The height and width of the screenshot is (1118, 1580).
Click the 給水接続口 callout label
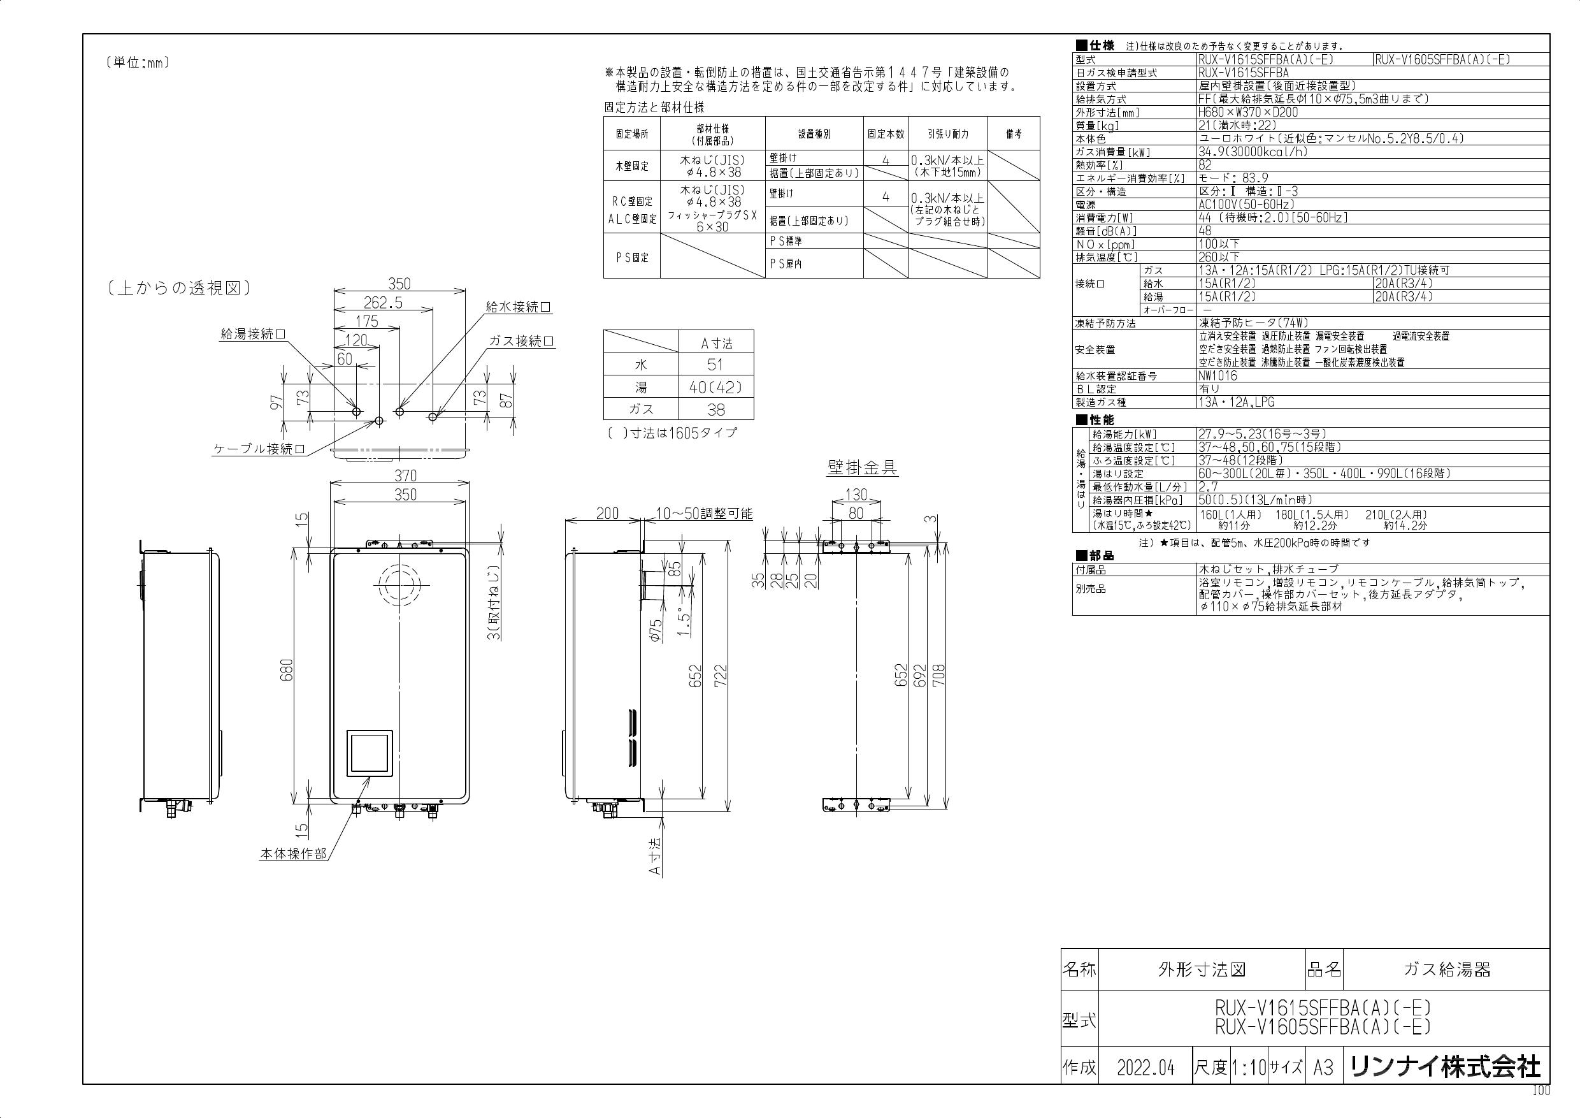(x=518, y=308)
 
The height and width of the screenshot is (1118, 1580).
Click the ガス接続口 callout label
(x=522, y=342)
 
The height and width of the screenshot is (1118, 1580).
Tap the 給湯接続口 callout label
(x=252, y=335)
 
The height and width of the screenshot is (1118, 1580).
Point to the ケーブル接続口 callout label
(x=259, y=449)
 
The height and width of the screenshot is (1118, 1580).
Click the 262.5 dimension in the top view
(x=383, y=303)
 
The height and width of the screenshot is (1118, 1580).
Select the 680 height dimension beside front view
(x=287, y=671)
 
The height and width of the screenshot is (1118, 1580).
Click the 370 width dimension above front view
(x=405, y=476)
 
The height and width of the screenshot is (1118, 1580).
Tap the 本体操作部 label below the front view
(x=293, y=854)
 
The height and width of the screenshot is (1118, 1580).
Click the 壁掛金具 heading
(x=861, y=468)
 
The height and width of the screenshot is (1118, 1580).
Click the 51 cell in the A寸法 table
(x=715, y=365)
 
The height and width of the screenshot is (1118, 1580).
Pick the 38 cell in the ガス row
(x=715, y=410)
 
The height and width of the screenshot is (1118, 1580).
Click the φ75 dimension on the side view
(x=656, y=630)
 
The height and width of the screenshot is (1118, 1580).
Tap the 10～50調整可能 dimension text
(x=703, y=514)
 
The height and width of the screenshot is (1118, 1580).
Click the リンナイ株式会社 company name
(x=1445, y=1068)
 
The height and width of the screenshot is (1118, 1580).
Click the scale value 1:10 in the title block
(x=1248, y=1068)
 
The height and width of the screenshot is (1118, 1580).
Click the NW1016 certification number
(x=1218, y=376)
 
